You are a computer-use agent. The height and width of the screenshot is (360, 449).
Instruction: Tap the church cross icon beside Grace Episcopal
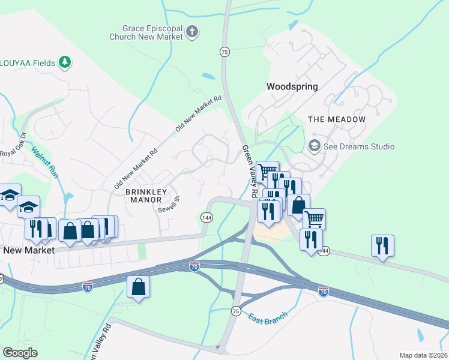pyautogui.click(x=192, y=32)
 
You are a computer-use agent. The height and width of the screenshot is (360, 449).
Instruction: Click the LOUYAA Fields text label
pyautogui.click(x=27, y=62)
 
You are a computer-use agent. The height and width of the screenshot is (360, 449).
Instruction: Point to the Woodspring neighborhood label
pyautogui.click(x=292, y=86)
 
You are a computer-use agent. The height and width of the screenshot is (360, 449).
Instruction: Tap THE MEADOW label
pyautogui.click(x=336, y=119)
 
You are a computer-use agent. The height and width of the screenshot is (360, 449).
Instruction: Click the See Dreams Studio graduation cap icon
pyautogui.click(x=314, y=146)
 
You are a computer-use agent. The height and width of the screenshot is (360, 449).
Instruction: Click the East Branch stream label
pyautogui.click(x=268, y=317)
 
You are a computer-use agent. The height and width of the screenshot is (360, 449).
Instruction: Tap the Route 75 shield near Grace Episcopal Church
pyautogui.click(x=224, y=52)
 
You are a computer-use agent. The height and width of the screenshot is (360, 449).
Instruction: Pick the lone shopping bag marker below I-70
pyautogui.click(x=139, y=287)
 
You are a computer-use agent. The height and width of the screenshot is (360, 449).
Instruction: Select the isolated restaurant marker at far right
pyautogui.click(x=382, y=246)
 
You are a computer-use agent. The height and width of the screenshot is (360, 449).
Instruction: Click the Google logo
pyautogui.click(x=20, y=353)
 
